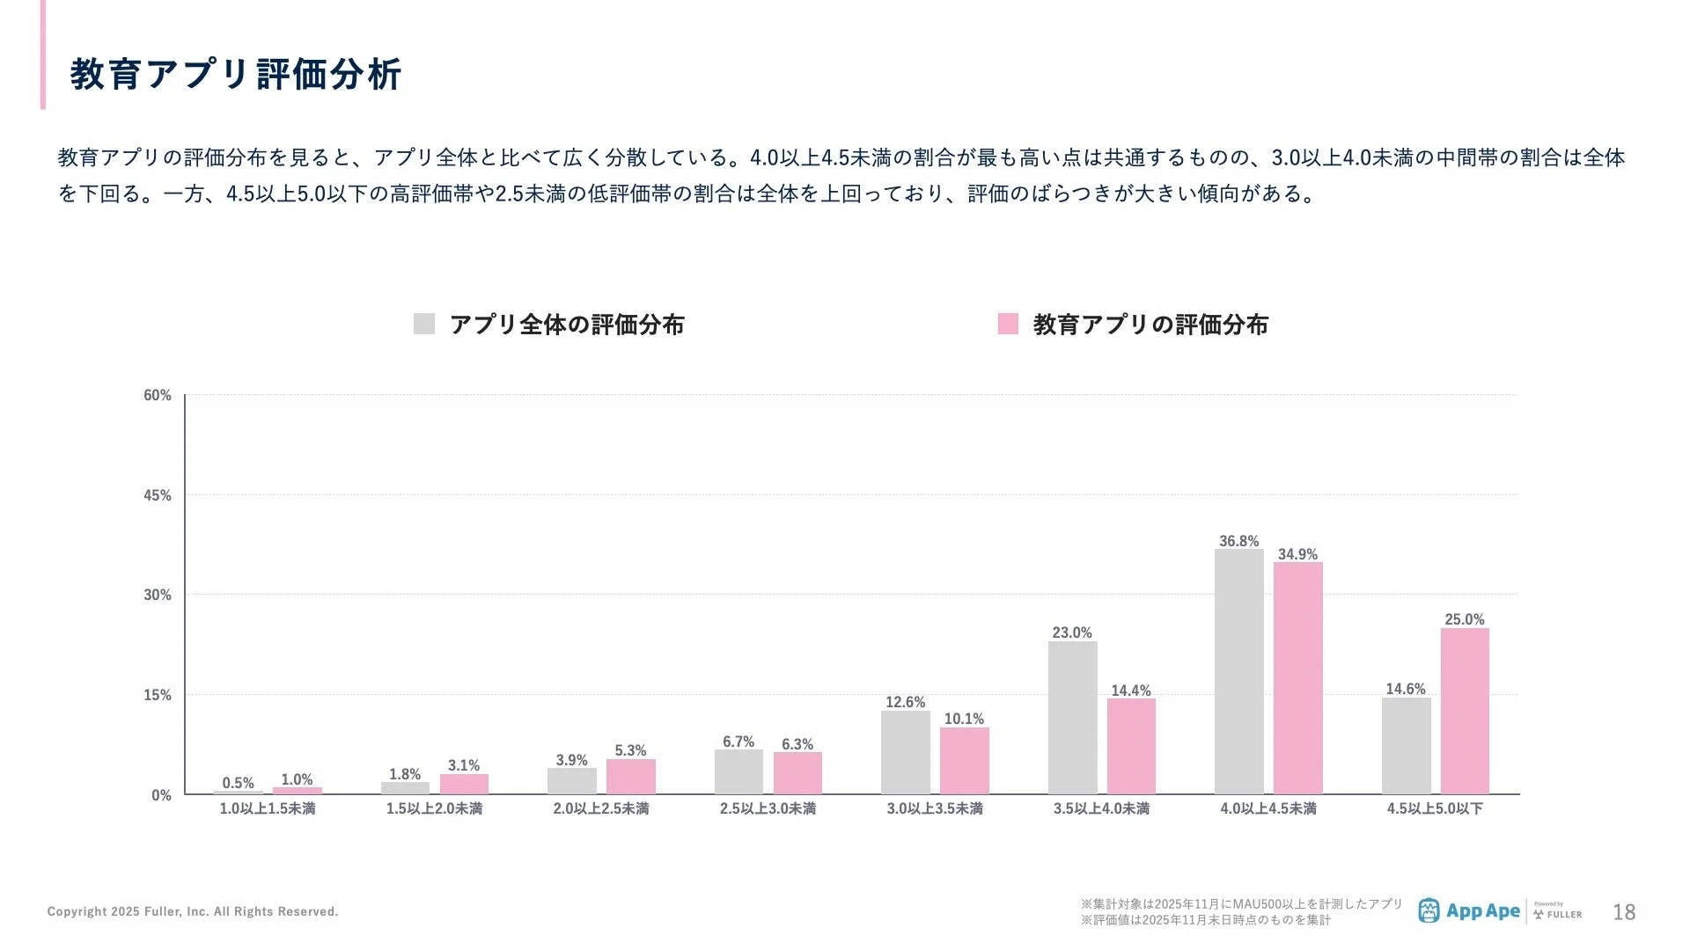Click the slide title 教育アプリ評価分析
236,75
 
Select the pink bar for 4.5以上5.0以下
1465,711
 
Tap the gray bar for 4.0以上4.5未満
1238,672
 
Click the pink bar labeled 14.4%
1131,746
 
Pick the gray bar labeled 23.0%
1072,718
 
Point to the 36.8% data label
1238,541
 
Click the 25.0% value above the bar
1465,619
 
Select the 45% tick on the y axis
158,495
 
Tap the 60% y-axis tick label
158,395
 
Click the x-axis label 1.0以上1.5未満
268,808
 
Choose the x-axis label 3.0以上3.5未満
935,808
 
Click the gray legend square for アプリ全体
424,324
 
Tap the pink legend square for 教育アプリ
1008,324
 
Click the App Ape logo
1468,911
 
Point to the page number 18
1624,912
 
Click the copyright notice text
193,911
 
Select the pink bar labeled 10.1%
964,761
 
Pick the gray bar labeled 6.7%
738,771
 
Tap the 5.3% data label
630,750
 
